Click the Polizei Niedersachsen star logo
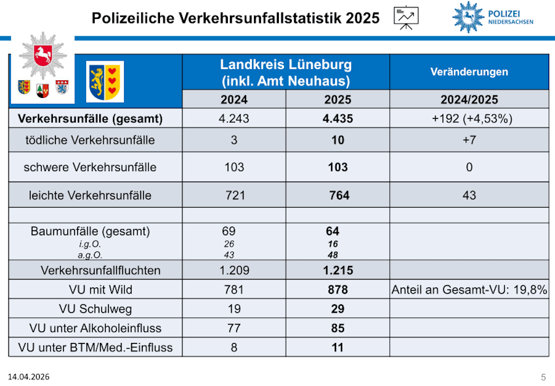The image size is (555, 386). (x=468, y=16)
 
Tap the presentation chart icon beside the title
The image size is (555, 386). (x=406, y=17)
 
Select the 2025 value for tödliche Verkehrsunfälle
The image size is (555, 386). (x=338, y=140)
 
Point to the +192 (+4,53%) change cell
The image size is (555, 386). (x=469, y=119)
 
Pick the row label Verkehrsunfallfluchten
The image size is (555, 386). (x=95, y=270)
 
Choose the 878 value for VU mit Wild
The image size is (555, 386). (x=338, y=289)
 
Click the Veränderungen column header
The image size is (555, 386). (x=469, y=72)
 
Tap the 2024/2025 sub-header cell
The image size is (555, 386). (x=469, y=100)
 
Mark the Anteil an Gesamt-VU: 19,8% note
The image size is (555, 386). (x=469, y=289)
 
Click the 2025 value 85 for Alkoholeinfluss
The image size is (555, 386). (x=338, y=328)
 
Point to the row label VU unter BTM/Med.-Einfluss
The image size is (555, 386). (x=95, y=347)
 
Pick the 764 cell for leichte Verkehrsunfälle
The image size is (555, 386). (x=338, y=195)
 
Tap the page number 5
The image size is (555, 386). (x=543, y=377)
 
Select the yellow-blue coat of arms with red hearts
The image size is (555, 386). (x=104, y=81)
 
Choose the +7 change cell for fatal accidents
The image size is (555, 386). (x=469, y=140)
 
